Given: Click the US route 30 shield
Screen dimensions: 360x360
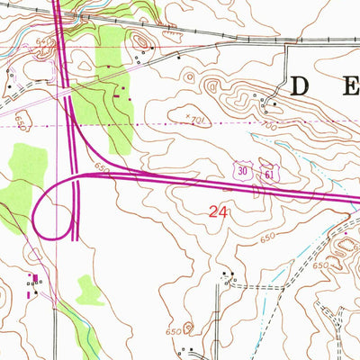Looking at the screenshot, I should [x=244, y=169].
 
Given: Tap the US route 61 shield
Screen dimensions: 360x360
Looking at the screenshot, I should [x=268, y=171].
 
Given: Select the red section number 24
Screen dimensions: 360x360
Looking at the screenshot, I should [x=217, y=212].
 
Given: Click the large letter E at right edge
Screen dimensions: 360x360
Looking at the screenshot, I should [x=351, y=87].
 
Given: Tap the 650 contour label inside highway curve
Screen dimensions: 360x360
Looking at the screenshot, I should [x=100, y=167].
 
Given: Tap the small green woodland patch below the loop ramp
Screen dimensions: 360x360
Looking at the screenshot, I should [x=88, y=290].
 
